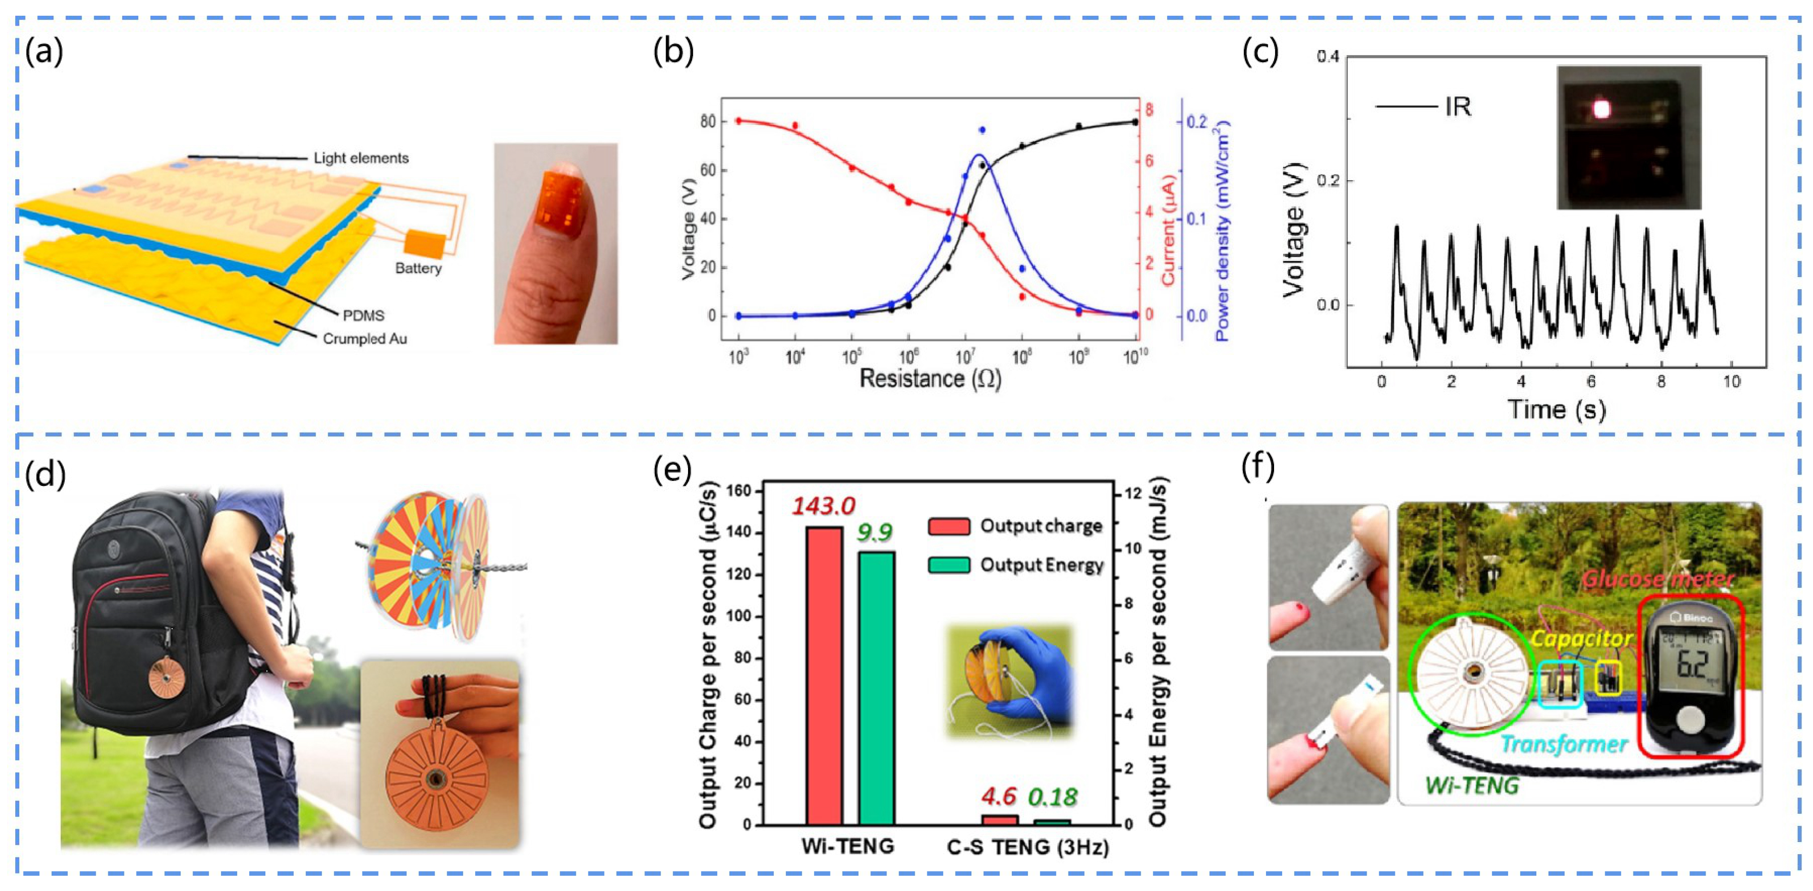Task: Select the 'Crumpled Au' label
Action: [365, 339]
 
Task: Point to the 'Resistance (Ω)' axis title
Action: [930, 379]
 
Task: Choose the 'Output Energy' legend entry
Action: [1041, 565]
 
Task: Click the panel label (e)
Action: [672, 471]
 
